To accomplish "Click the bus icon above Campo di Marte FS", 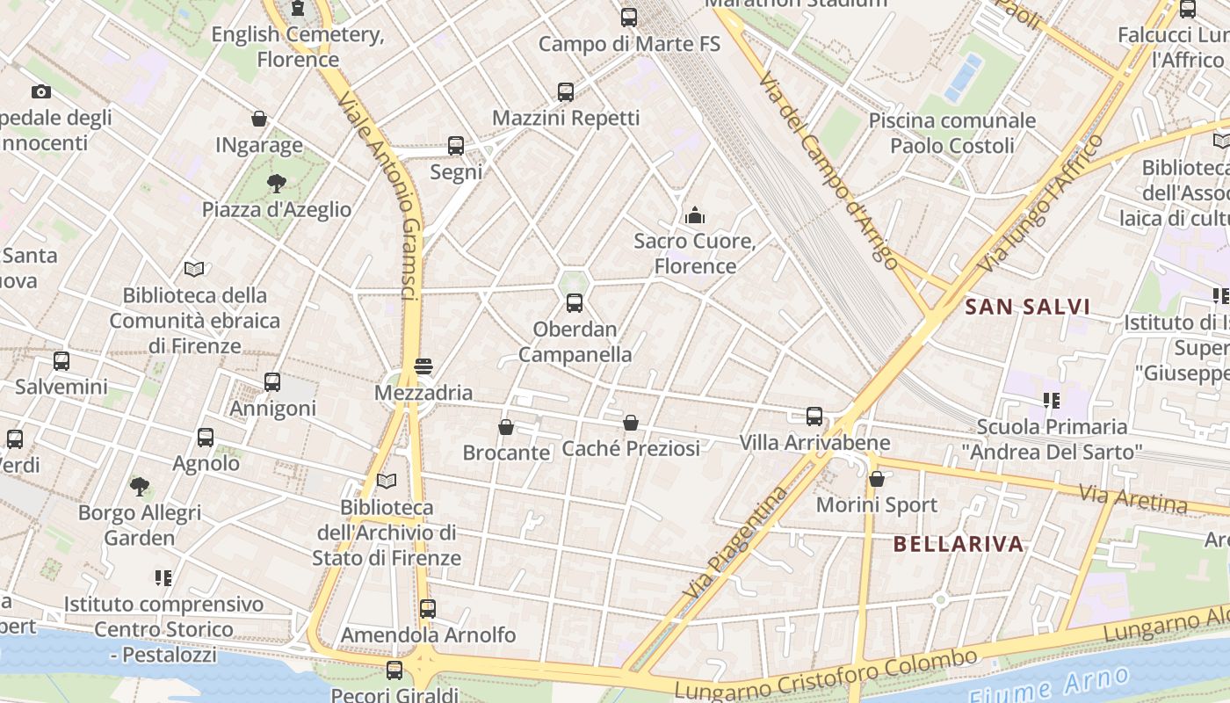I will coord(628,17).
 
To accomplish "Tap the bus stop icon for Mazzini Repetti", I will coord(566,91).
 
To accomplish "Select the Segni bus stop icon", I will coord(456,146).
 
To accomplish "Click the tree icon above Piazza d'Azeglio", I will coord(277,183).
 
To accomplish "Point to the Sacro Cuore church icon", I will coord(695,214).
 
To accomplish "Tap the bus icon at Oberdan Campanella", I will coord(575,303).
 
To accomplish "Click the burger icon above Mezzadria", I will coord(423,366).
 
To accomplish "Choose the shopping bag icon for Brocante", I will coord(506,427).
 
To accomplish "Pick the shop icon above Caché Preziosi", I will coord(631,423).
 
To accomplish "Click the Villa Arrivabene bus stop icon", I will coord(814,417).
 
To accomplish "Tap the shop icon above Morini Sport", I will coord(876,479).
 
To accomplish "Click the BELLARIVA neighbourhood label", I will coord(959,544).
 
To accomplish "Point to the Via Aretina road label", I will coord(1133,501).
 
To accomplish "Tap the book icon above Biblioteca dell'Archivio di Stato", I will coord(387,481).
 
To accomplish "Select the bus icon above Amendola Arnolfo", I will coord(428,608).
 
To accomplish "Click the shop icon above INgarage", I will coord(259,119).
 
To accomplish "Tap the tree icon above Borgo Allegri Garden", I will coord(139,486).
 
